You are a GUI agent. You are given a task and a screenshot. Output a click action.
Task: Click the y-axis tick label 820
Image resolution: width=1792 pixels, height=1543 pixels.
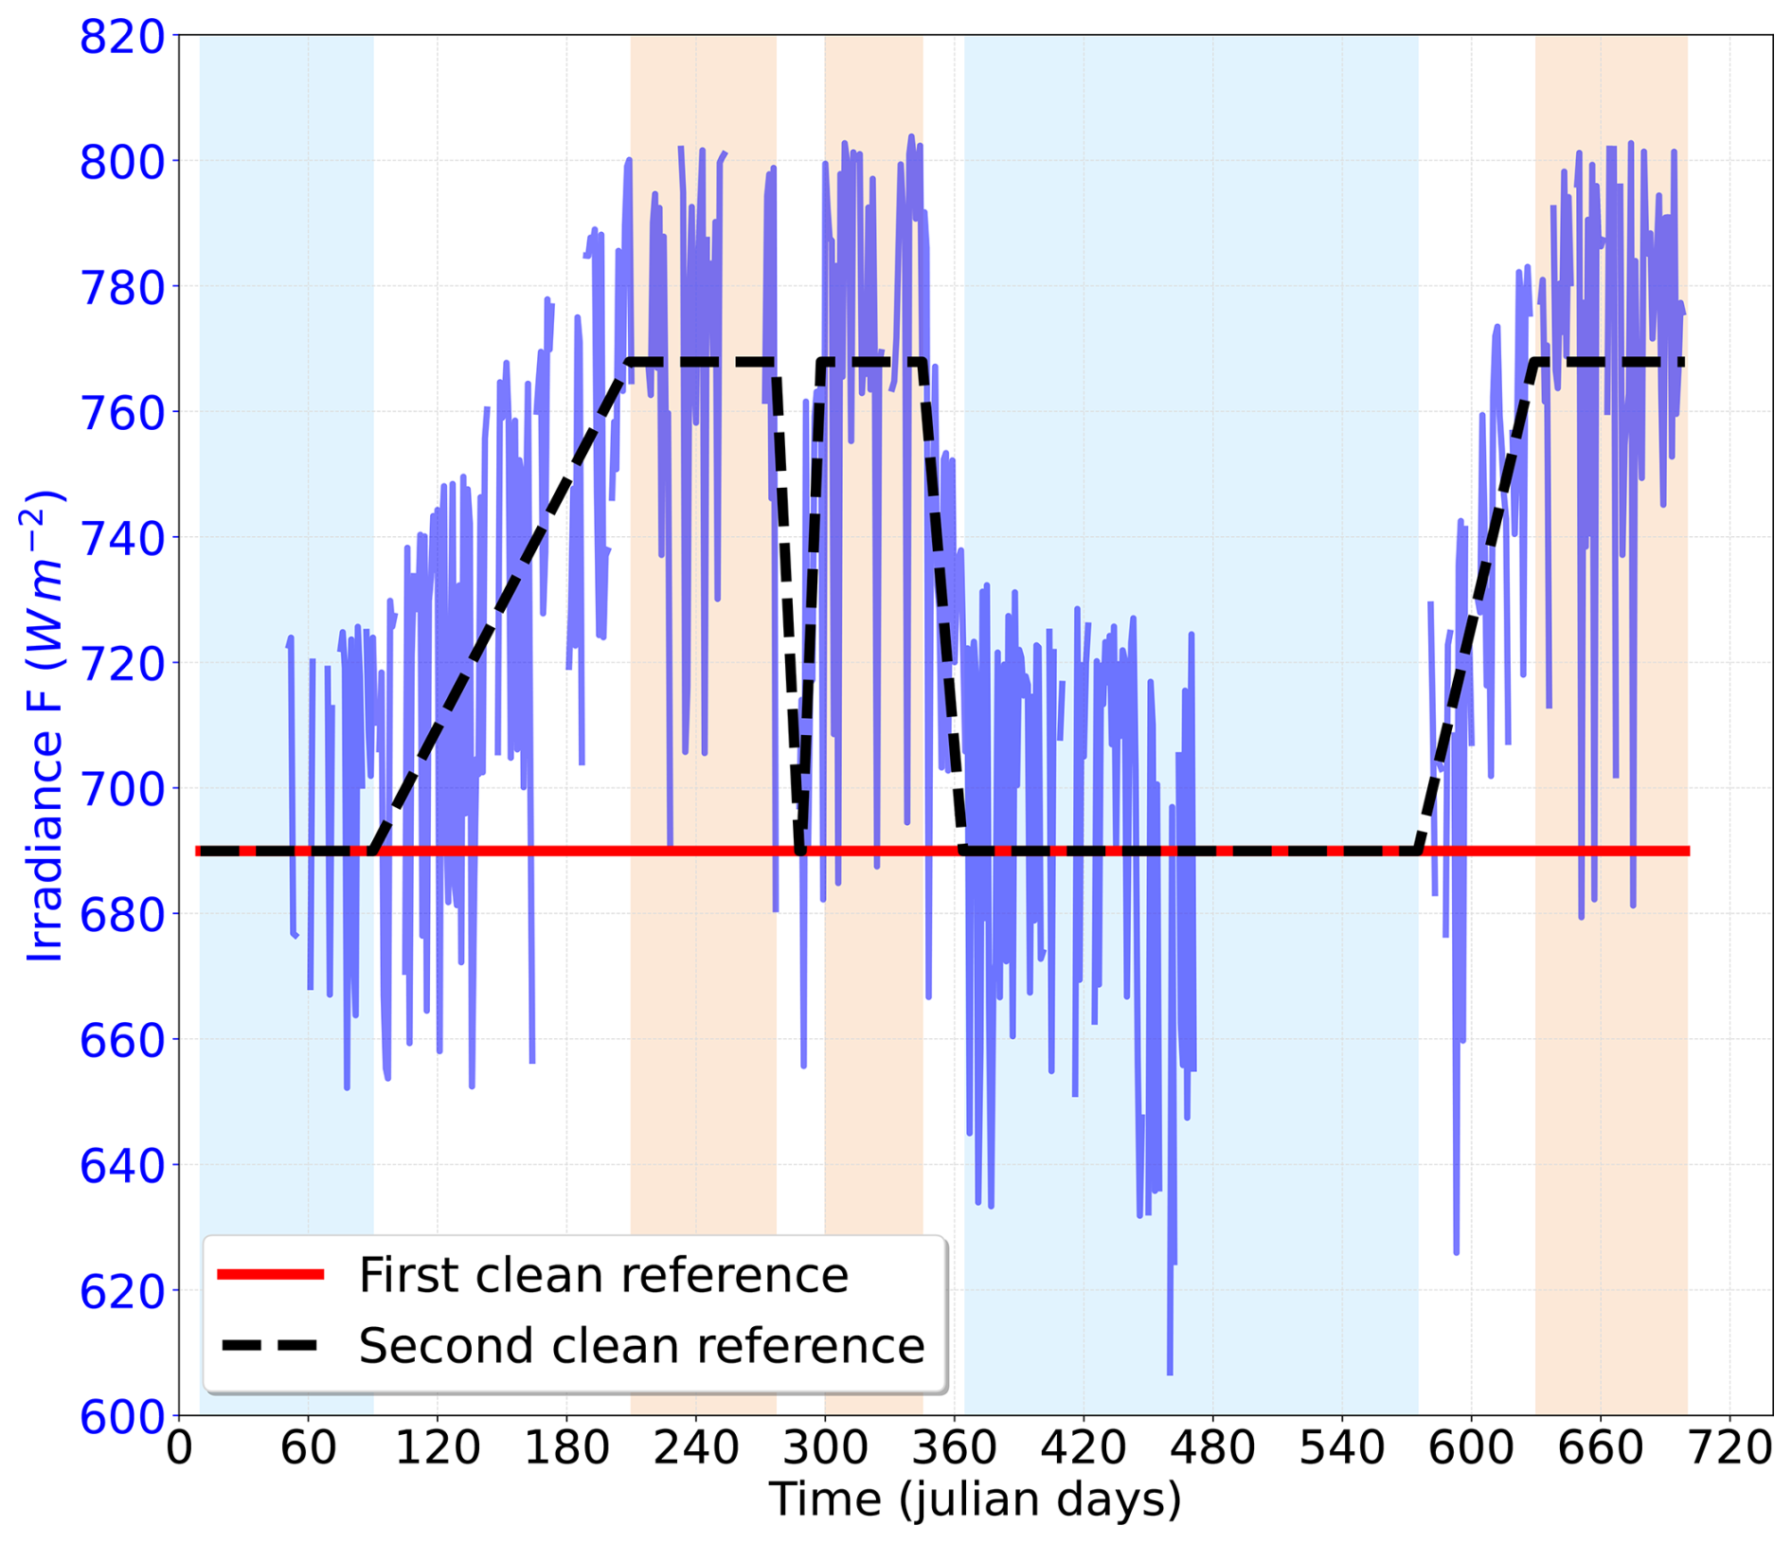[122, 39]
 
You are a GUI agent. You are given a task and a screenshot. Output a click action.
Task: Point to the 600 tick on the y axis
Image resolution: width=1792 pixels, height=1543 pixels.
[122, 1418]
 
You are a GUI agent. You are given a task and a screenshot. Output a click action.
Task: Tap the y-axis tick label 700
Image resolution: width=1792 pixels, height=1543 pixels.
[122, 788]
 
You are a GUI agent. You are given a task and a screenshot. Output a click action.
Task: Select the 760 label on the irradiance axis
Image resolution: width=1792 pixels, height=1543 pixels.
[122, 412]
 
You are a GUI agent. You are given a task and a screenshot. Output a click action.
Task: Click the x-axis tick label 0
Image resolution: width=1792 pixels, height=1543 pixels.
[179, 1449]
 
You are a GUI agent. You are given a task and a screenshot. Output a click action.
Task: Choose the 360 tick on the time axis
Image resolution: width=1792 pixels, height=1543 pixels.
[954, 1449]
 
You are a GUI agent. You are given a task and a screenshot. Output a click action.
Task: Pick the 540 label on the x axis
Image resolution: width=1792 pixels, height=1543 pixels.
[1342, 1449]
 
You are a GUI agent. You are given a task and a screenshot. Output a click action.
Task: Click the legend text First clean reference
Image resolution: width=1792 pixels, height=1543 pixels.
[603, 1275]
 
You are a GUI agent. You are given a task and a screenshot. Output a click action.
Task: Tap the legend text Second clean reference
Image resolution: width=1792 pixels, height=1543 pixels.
[641, 1346]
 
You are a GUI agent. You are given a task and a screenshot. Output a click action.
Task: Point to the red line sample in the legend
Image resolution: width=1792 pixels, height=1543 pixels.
[271, 1275]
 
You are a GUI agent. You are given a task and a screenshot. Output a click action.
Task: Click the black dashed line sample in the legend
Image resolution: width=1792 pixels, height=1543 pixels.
[271, 1346]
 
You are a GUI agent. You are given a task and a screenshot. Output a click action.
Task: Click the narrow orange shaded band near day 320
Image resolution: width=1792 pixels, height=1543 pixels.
[873, 727]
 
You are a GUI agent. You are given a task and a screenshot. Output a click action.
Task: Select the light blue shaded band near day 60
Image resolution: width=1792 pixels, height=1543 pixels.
[286, 727]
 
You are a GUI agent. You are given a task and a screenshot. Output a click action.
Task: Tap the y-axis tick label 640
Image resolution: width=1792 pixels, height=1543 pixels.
[122, 1165]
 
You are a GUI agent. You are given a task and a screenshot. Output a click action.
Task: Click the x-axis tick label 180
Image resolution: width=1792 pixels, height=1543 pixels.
[566, 1449]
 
